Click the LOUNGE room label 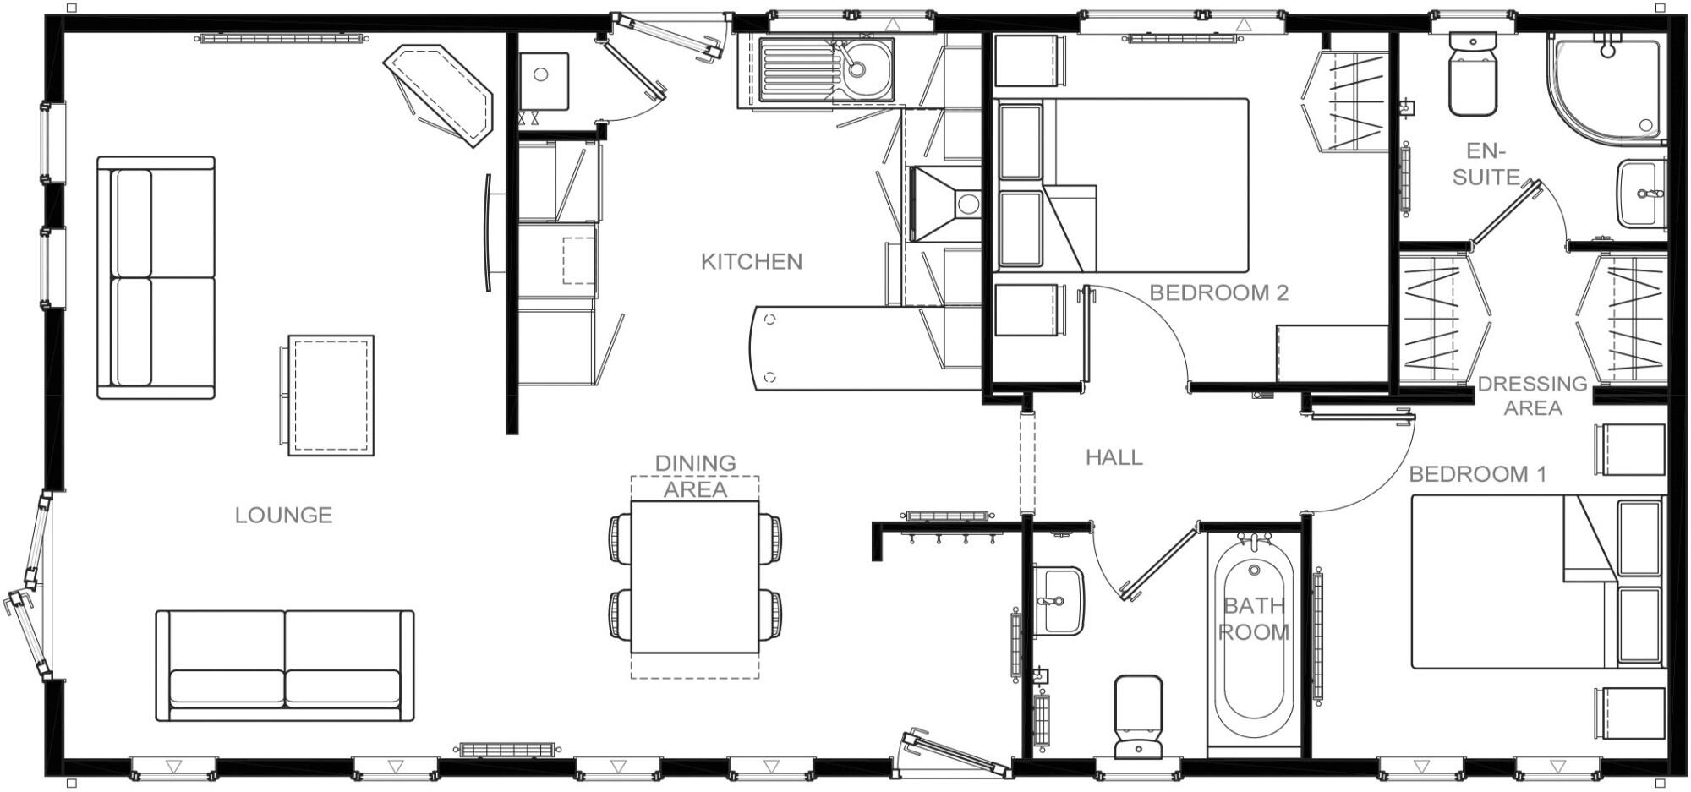pos(283,515)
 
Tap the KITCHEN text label pos(751,261)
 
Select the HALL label pos(1114,457)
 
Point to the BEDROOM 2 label pos(1218,293)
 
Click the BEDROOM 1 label pos(1477,474)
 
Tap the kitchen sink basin pos(867,68)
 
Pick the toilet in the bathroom pos(1137,715)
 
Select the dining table pos(695,577)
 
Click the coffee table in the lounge pos(330,395)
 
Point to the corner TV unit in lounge pos(440,95)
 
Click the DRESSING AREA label pos(1532,396)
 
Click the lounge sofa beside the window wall pos(156,277)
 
